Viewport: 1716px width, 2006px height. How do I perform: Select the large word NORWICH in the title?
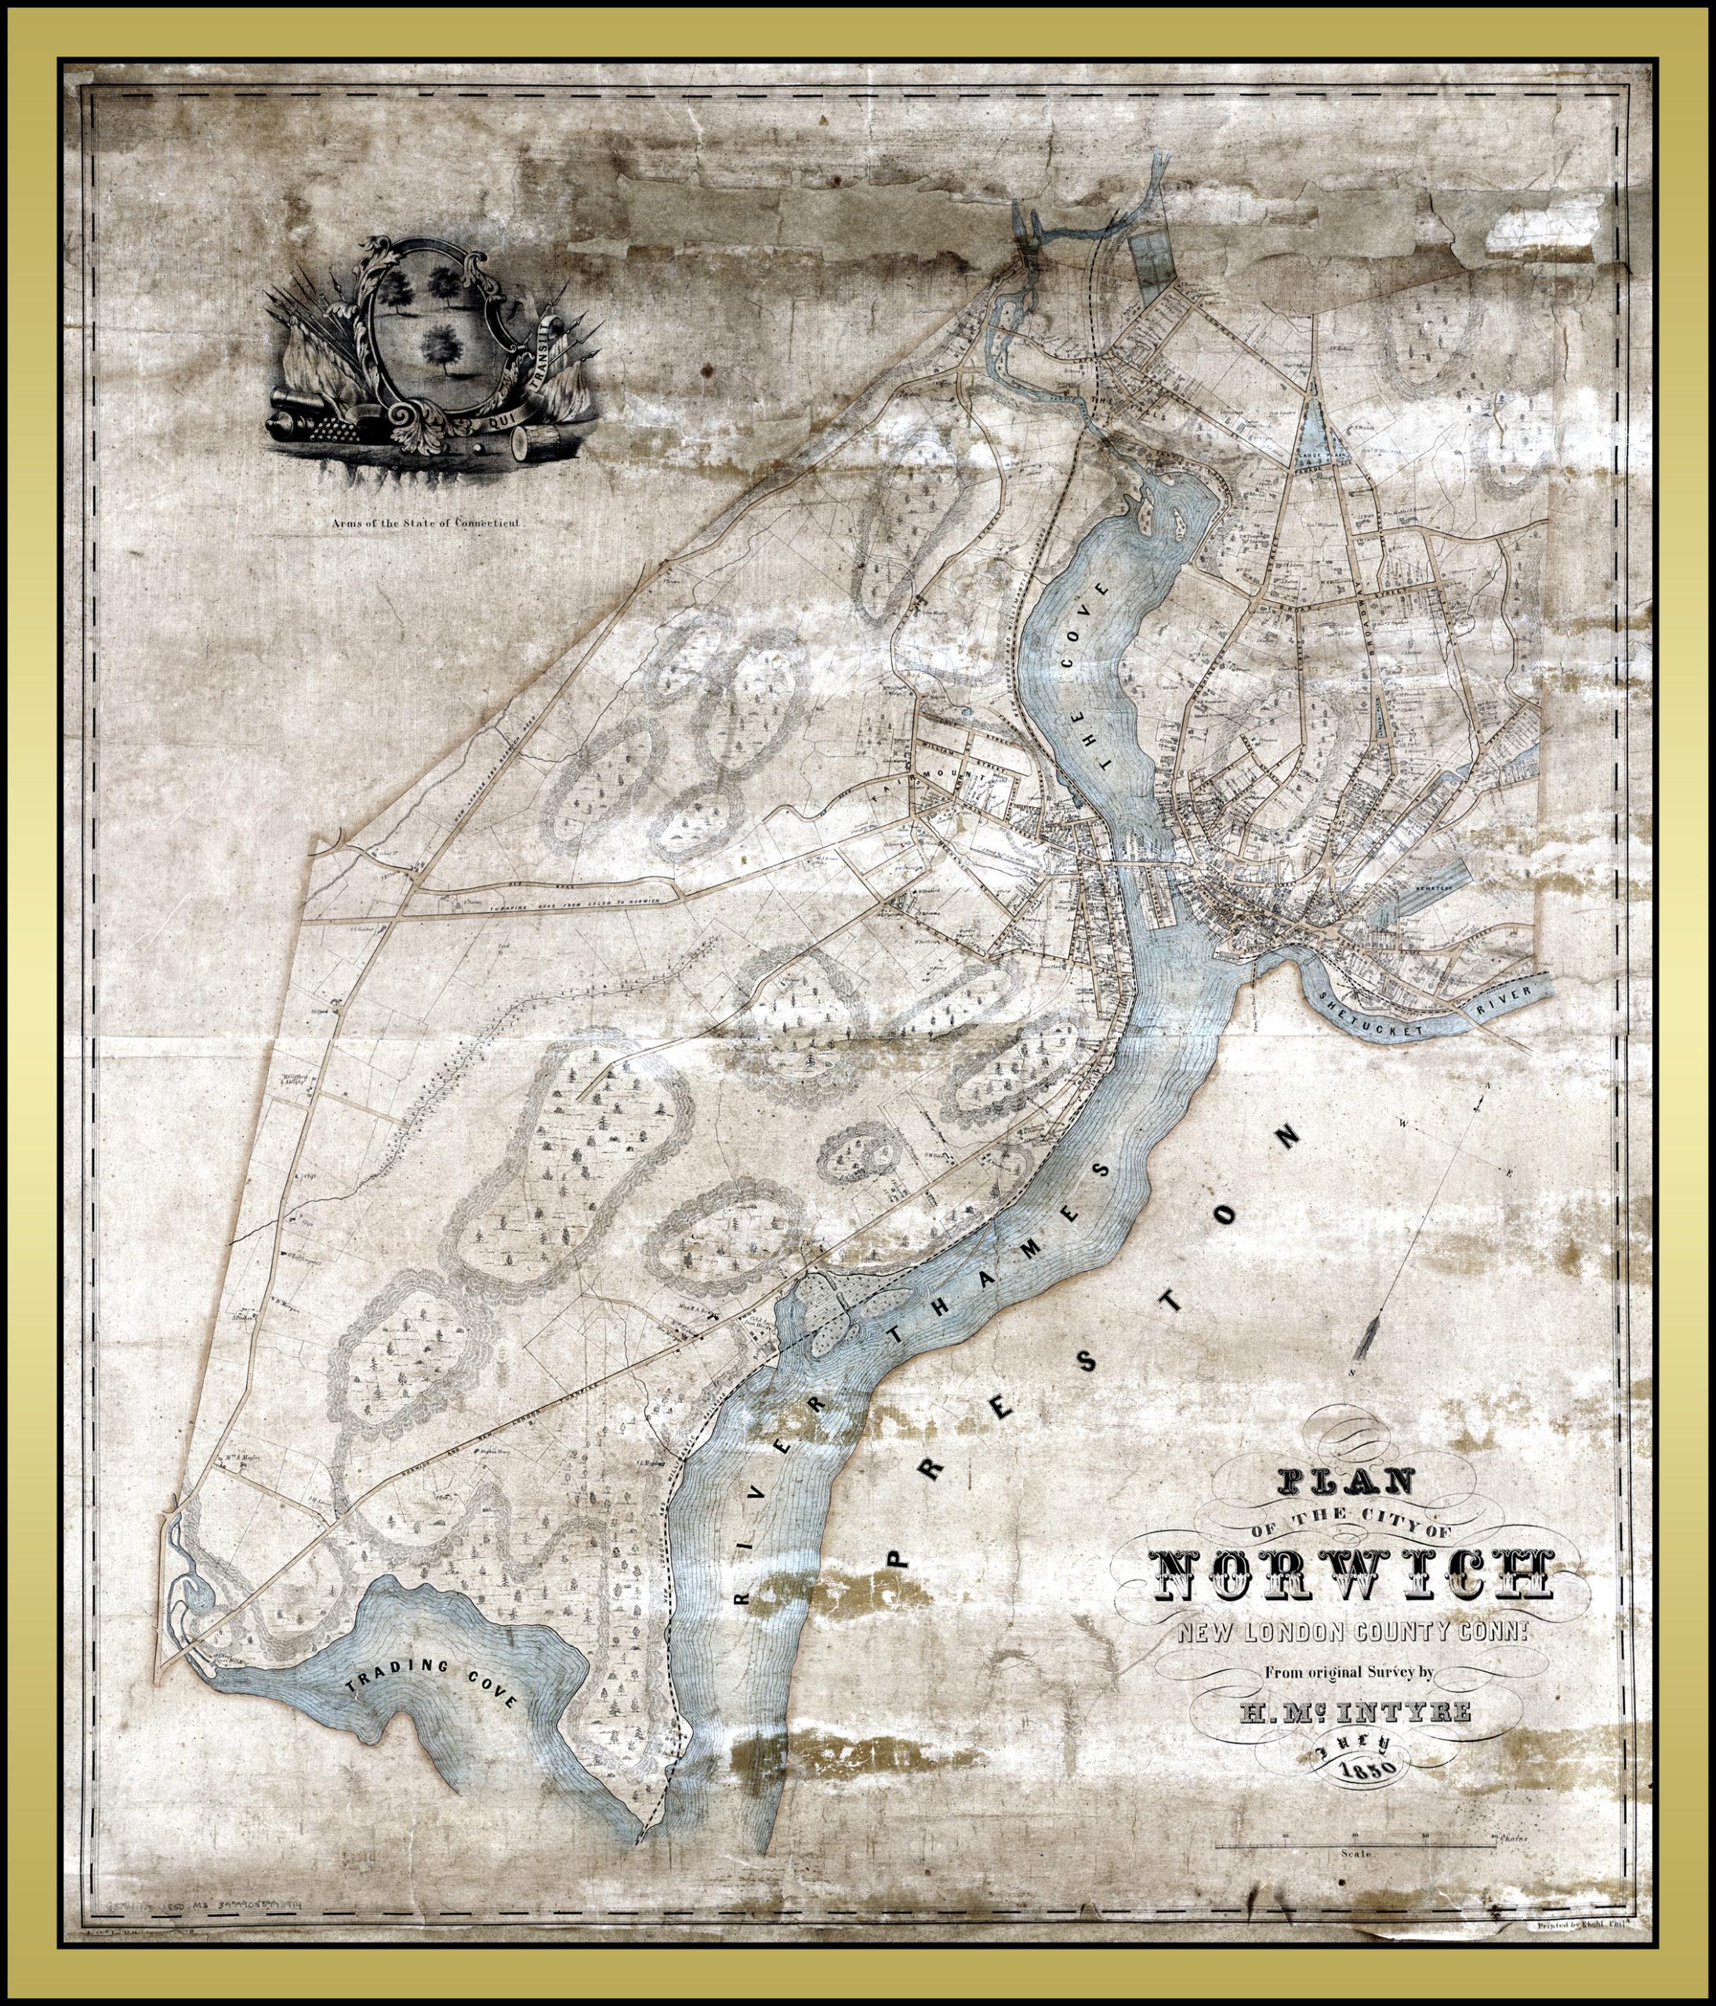click(1351, 1576)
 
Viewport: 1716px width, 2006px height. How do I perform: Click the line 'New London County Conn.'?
click(1352, 1635)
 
